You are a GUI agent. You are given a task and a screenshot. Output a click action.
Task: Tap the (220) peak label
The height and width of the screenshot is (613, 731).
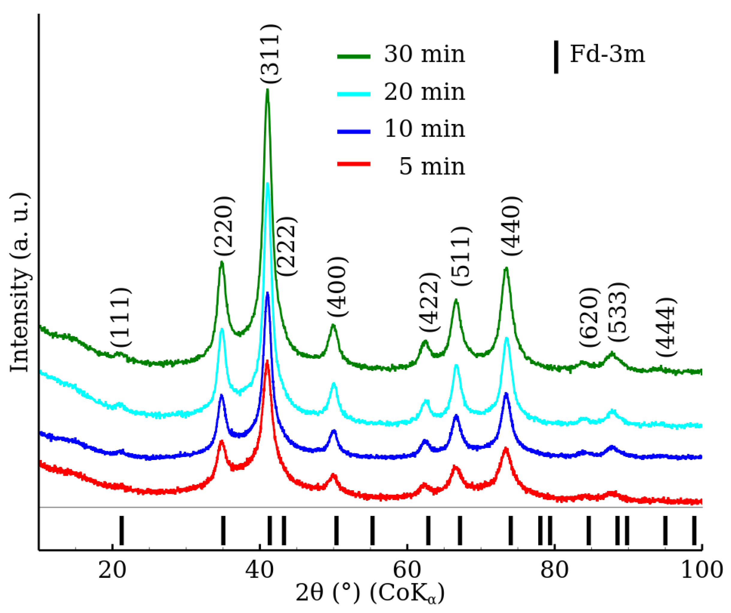pos(224,226)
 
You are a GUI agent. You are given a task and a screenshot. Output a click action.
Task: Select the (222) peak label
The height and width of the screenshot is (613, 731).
pos(287,246)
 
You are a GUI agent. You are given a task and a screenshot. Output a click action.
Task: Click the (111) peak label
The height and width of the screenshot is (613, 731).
pos(121,317)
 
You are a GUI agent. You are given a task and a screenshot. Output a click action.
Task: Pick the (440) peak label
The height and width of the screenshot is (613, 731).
pos(511,226)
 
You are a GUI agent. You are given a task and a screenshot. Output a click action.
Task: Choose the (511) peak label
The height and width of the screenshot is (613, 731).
pos(461,257)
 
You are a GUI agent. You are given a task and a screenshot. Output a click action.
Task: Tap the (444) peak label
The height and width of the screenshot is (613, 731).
pos(666,327)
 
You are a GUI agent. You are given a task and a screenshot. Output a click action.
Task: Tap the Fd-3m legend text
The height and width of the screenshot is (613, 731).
pos(607,55)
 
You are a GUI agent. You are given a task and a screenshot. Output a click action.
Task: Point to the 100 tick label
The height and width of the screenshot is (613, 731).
pos(701,571)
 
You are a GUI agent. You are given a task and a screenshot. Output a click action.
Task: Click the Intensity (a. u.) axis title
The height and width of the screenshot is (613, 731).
pos(20,282)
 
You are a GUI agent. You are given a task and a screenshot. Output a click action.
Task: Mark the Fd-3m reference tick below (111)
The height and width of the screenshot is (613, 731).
pos(121,531)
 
